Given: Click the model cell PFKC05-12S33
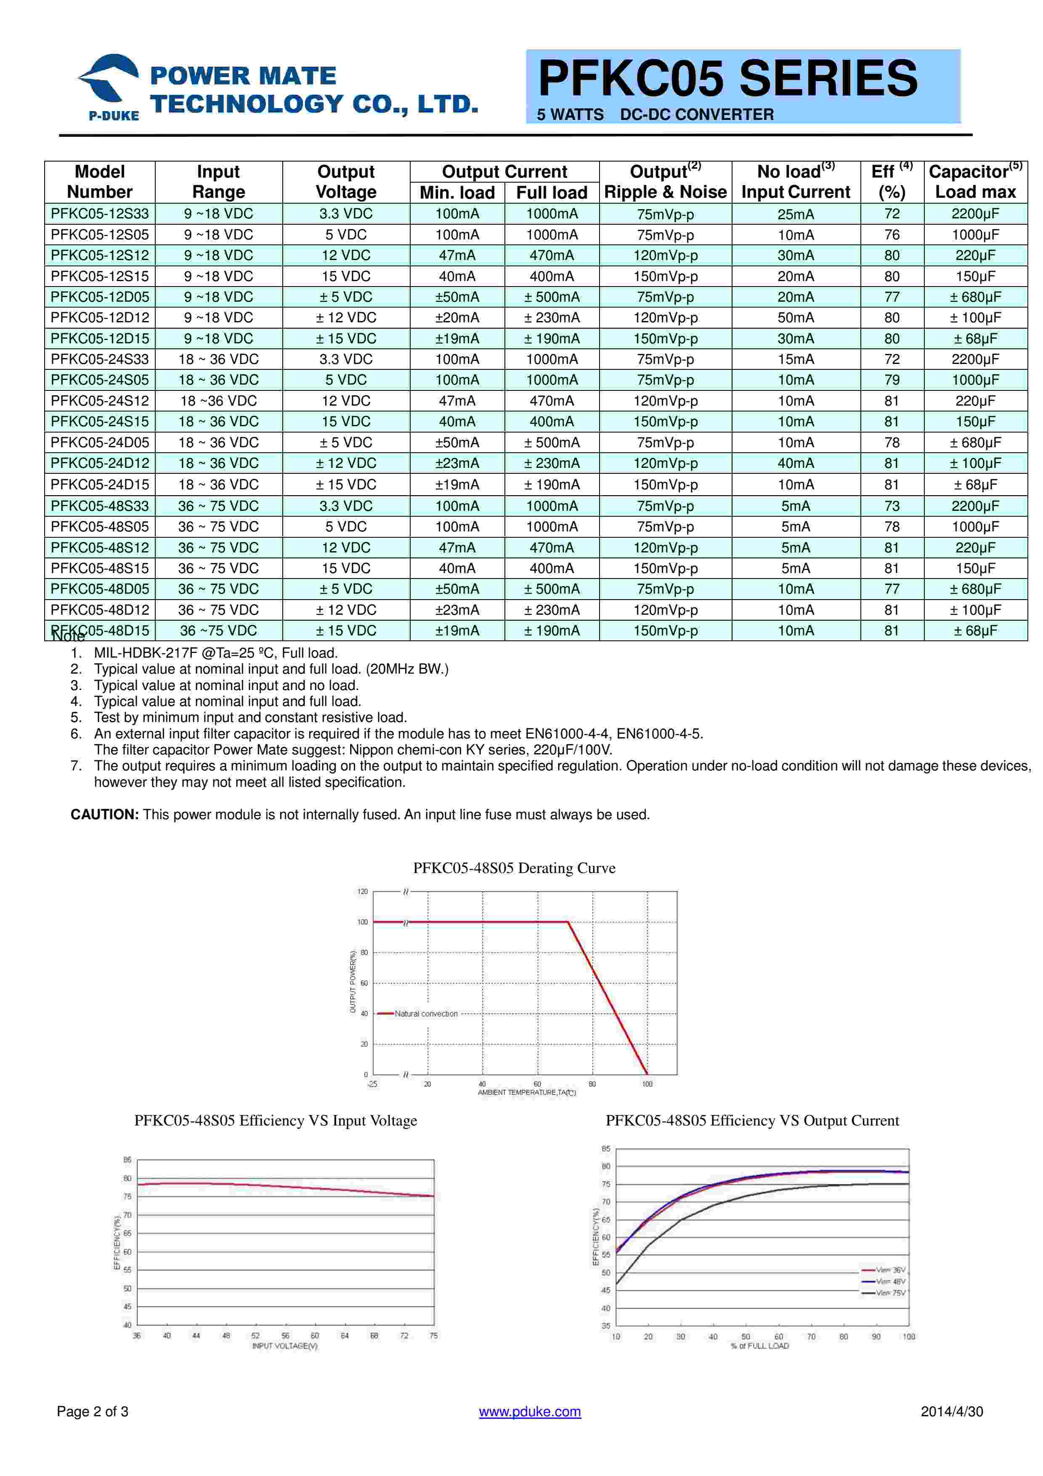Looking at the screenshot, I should tap(100, 214).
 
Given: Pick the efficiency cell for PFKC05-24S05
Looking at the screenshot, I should tap(892, 380).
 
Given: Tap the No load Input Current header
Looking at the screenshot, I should tap(796, 182).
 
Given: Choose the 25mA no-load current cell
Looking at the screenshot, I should tap(796, 214).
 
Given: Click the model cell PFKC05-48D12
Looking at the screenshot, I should tap(100, 610).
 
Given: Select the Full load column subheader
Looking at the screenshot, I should tap(552, 193).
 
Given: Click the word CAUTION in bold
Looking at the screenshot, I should tap(104, 815).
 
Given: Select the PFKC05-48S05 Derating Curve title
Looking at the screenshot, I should tap(514, 868).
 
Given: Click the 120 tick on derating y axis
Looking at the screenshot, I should tap(362, 892).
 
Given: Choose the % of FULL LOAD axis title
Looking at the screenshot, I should tap(759, 1346).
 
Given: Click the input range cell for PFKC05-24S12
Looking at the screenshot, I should tap(218, 401).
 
